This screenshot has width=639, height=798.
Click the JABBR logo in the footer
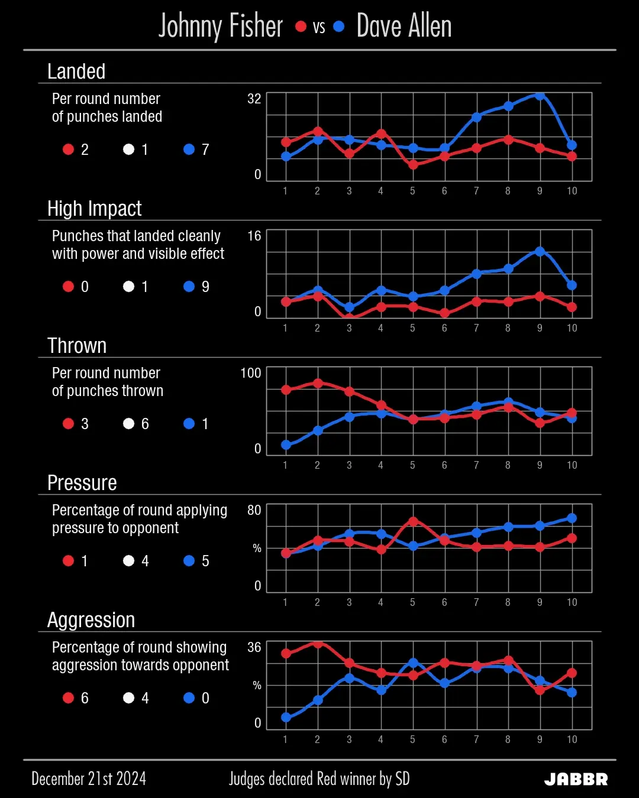576,779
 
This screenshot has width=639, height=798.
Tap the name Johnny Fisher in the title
221,27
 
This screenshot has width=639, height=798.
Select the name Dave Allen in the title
404,27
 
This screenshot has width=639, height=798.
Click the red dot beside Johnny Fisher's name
301,27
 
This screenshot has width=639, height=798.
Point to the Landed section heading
76,72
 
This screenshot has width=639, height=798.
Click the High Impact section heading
95,209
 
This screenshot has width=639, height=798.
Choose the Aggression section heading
91,620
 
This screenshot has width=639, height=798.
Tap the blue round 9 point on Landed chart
540,95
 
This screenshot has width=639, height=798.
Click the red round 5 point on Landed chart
413,165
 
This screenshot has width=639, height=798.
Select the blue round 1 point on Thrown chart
286,445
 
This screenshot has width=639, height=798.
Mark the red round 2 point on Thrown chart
318,383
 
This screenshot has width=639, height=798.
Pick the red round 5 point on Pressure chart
413,521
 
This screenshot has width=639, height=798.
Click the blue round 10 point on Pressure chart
572,518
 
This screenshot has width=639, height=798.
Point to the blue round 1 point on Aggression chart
286,718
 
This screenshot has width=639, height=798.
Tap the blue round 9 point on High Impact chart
540,251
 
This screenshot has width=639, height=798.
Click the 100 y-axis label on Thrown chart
250,373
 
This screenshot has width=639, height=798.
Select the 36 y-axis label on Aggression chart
254,647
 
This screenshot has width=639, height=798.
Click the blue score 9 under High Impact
205,287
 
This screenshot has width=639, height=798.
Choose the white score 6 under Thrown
145,424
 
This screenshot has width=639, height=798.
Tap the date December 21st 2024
89,779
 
